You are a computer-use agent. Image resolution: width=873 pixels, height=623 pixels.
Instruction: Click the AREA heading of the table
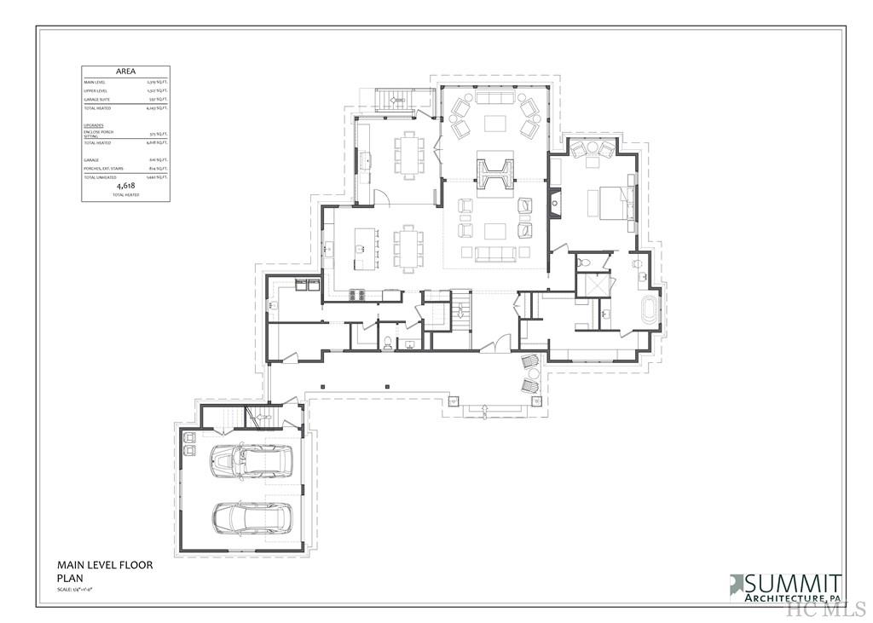[x=125, y=72]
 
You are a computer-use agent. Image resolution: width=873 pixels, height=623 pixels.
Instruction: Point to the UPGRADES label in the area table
[x=94, y=124]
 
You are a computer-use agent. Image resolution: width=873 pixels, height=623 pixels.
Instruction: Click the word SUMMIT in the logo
[x=794, y=584]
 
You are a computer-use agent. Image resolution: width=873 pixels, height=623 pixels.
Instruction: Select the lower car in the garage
[x=252, y=516]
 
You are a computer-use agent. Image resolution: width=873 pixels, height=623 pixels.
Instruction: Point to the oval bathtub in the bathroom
[x=650, y=311]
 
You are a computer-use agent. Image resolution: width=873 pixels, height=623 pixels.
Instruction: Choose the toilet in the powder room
[x=388, y=343]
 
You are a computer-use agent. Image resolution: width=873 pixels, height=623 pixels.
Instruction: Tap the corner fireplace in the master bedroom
[x=556, y=203]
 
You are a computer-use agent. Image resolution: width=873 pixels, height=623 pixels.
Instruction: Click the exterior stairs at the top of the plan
[x=394, y=100]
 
